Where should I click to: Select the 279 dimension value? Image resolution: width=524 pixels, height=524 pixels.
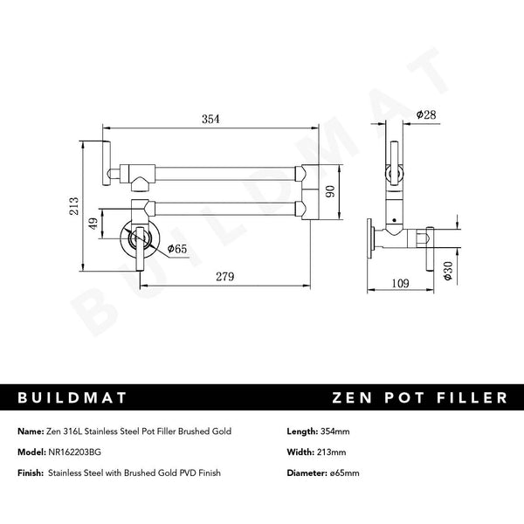226,278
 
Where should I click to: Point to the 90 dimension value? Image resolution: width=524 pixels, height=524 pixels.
330,191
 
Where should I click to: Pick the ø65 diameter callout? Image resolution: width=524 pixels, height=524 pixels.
177,250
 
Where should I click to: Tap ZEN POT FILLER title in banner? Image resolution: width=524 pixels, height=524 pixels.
419,398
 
